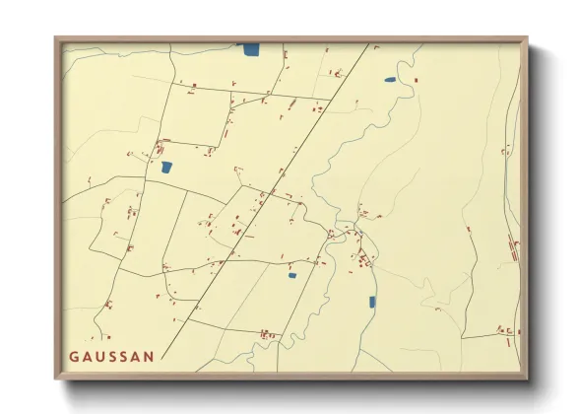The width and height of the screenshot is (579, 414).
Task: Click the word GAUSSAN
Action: click(110, 357)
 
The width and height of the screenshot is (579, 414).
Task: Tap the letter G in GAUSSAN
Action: click(73, 357)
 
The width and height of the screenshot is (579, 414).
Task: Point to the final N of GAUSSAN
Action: click(149, 357)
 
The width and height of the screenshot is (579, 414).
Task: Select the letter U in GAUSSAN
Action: click(98, 357)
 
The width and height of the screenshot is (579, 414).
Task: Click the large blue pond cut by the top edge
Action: click(251, 48)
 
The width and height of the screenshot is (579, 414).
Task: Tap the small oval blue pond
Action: click(390, 80)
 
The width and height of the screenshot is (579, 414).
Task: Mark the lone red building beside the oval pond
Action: click(416, 80)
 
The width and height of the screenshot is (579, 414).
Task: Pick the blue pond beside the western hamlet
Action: click(166, 168)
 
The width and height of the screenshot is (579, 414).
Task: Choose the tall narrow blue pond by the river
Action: click(372, 302)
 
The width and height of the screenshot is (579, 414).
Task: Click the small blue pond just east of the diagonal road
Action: click(291, 275)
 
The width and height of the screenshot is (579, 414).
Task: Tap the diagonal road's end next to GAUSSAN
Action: click(162, 360)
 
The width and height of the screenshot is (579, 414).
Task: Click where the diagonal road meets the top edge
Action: click(370, 43)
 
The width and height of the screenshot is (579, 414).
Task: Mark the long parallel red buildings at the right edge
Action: click(511, 246)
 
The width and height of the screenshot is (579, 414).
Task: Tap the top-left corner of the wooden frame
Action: click(56, 38)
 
